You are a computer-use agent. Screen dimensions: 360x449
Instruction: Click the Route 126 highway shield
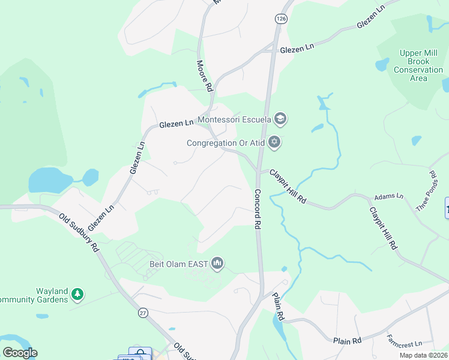tap(280, 19)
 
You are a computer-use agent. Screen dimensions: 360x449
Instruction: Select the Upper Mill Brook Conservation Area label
tap(418, 65)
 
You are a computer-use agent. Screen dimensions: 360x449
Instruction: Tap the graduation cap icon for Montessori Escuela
tap(280, 119)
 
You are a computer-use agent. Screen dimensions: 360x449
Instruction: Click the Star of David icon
tap(274, 142)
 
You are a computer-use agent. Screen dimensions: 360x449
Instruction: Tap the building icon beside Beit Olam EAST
tap(217, 263)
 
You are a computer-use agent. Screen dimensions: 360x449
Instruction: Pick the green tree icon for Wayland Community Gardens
tap(76, 295)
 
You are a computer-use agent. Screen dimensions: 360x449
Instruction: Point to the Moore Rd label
tap(205, 75)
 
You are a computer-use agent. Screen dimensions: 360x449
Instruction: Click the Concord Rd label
tap(258, 209)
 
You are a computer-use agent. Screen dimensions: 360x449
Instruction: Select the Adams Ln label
tap(389, 196)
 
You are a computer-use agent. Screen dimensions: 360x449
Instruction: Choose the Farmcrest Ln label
tap(404, 344)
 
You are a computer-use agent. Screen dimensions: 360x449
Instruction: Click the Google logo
tap(20, 353)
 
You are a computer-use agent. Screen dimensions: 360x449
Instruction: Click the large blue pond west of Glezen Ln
tap(50, 180)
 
